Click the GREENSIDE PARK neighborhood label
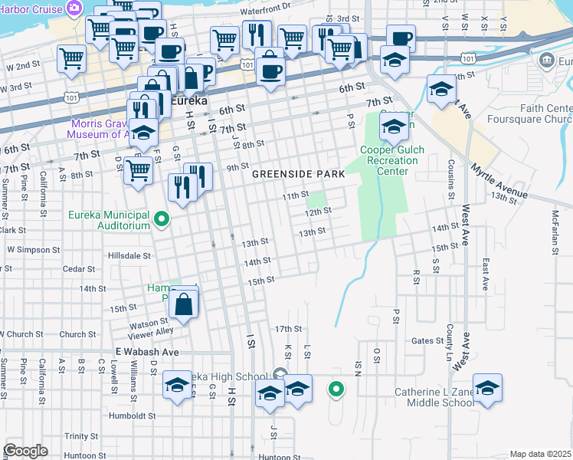pyautogui.click(x=299, y=175)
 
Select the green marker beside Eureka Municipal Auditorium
pyautogui.click(x=162, y=221)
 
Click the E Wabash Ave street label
pyautogui.click(x=147, y=352)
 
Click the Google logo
pyautogui.click(x=26, y=451)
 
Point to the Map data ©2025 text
pyautogui.click(x=540, y=454)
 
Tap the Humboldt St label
pyautogui.click(x=132, y=416)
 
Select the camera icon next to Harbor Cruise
pyautogui.click(x=74, y=8)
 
